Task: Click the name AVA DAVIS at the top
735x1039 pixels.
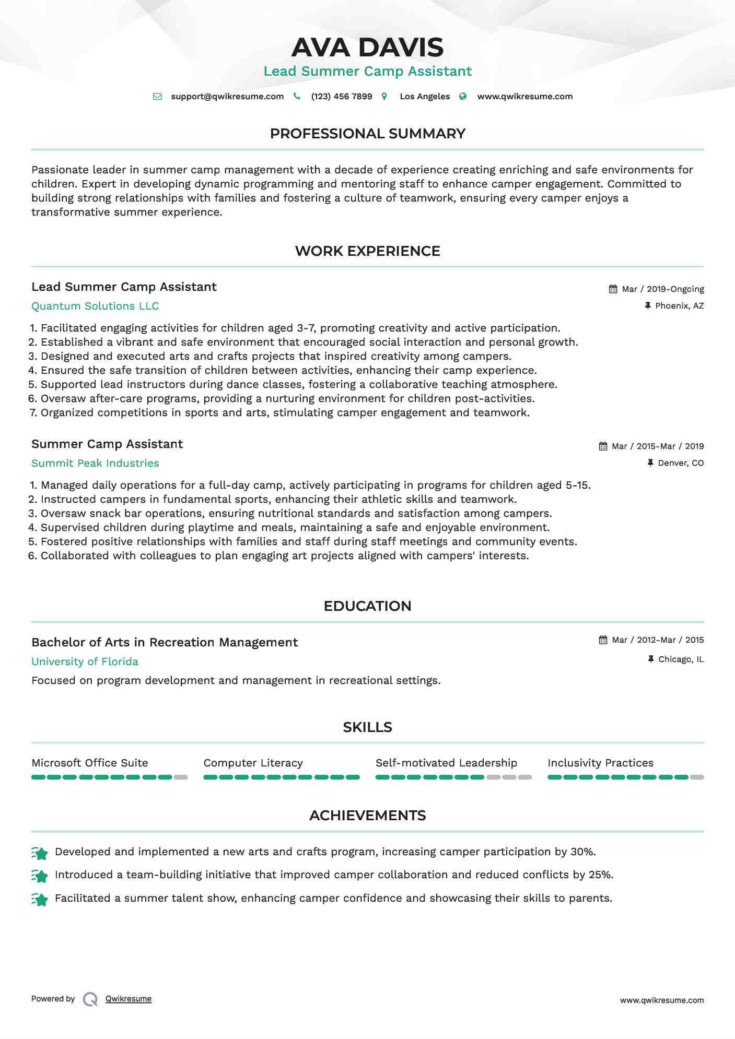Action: (x=367, y=48)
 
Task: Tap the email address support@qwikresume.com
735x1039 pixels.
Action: (x=227, y=97)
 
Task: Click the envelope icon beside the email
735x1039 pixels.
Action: (x=157, y=97)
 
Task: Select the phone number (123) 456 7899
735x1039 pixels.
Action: (x=342, y=97)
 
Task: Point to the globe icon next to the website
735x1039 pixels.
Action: (x=463, y=97)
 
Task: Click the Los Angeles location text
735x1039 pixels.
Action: (x=425, y=97)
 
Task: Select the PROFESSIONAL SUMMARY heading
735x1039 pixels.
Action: (x=367, y=134)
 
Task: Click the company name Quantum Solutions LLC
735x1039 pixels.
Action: (x=95, y=306)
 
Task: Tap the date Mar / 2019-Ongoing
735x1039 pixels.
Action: (x=663, y=289)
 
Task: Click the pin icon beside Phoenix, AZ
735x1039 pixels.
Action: (x=648, y=306)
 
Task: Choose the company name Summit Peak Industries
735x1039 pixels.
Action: (x=95, y=463)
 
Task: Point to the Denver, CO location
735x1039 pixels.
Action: (x=681, y=463)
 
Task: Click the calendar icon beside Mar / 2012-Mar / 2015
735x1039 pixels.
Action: (x=603, y=640)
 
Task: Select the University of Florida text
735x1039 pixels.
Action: (x=85, y=662)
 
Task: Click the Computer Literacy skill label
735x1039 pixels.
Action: (x=253, y=763)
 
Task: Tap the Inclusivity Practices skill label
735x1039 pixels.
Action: (x=600, y=763)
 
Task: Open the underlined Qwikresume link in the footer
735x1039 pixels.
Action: (x=129, y=999)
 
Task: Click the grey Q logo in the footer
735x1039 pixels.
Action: (x=90, y=999)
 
